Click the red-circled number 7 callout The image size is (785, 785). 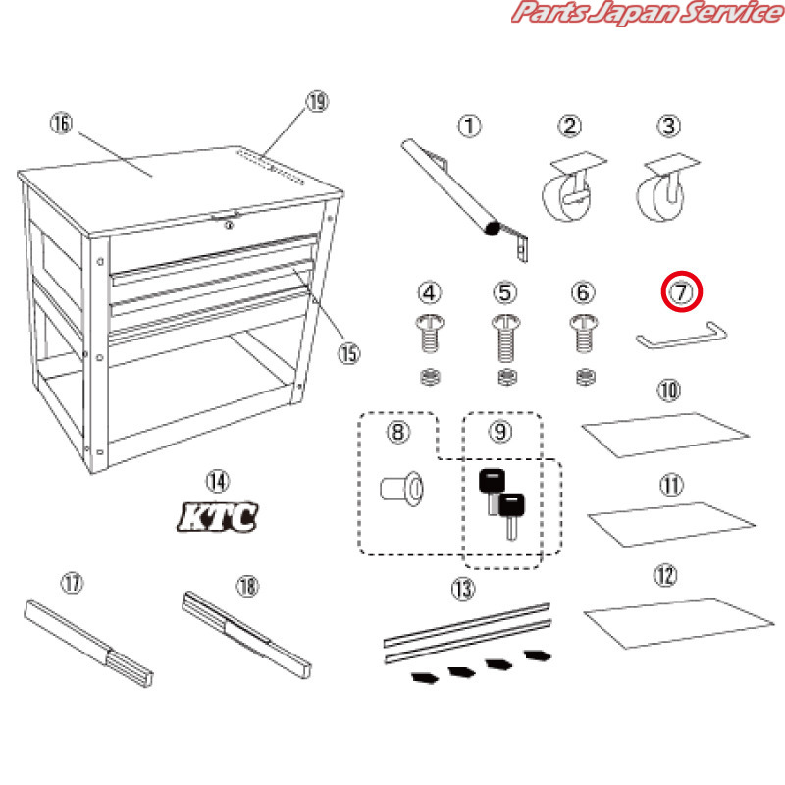tap(681, 291)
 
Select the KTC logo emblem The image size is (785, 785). tap(218, 517)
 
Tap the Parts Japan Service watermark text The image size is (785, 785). tap(648, 12)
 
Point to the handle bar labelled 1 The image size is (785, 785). tap(463, 199)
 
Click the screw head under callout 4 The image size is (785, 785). tap(429, 322)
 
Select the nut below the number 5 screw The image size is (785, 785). tap(507, 377)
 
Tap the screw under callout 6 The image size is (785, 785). tap(583, 333)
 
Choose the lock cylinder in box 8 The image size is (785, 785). tap(402, 489)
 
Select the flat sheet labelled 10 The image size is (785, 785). tap(665, 435)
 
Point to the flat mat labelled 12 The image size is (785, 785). tap(678, 623)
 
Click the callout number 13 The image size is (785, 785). tap(463, 588)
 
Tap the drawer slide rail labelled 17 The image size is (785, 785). tap(88, 644)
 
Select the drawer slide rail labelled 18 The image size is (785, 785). tap(246, 635)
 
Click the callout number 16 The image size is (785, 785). tap(61, 124)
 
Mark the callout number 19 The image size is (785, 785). tap(317, 102)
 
